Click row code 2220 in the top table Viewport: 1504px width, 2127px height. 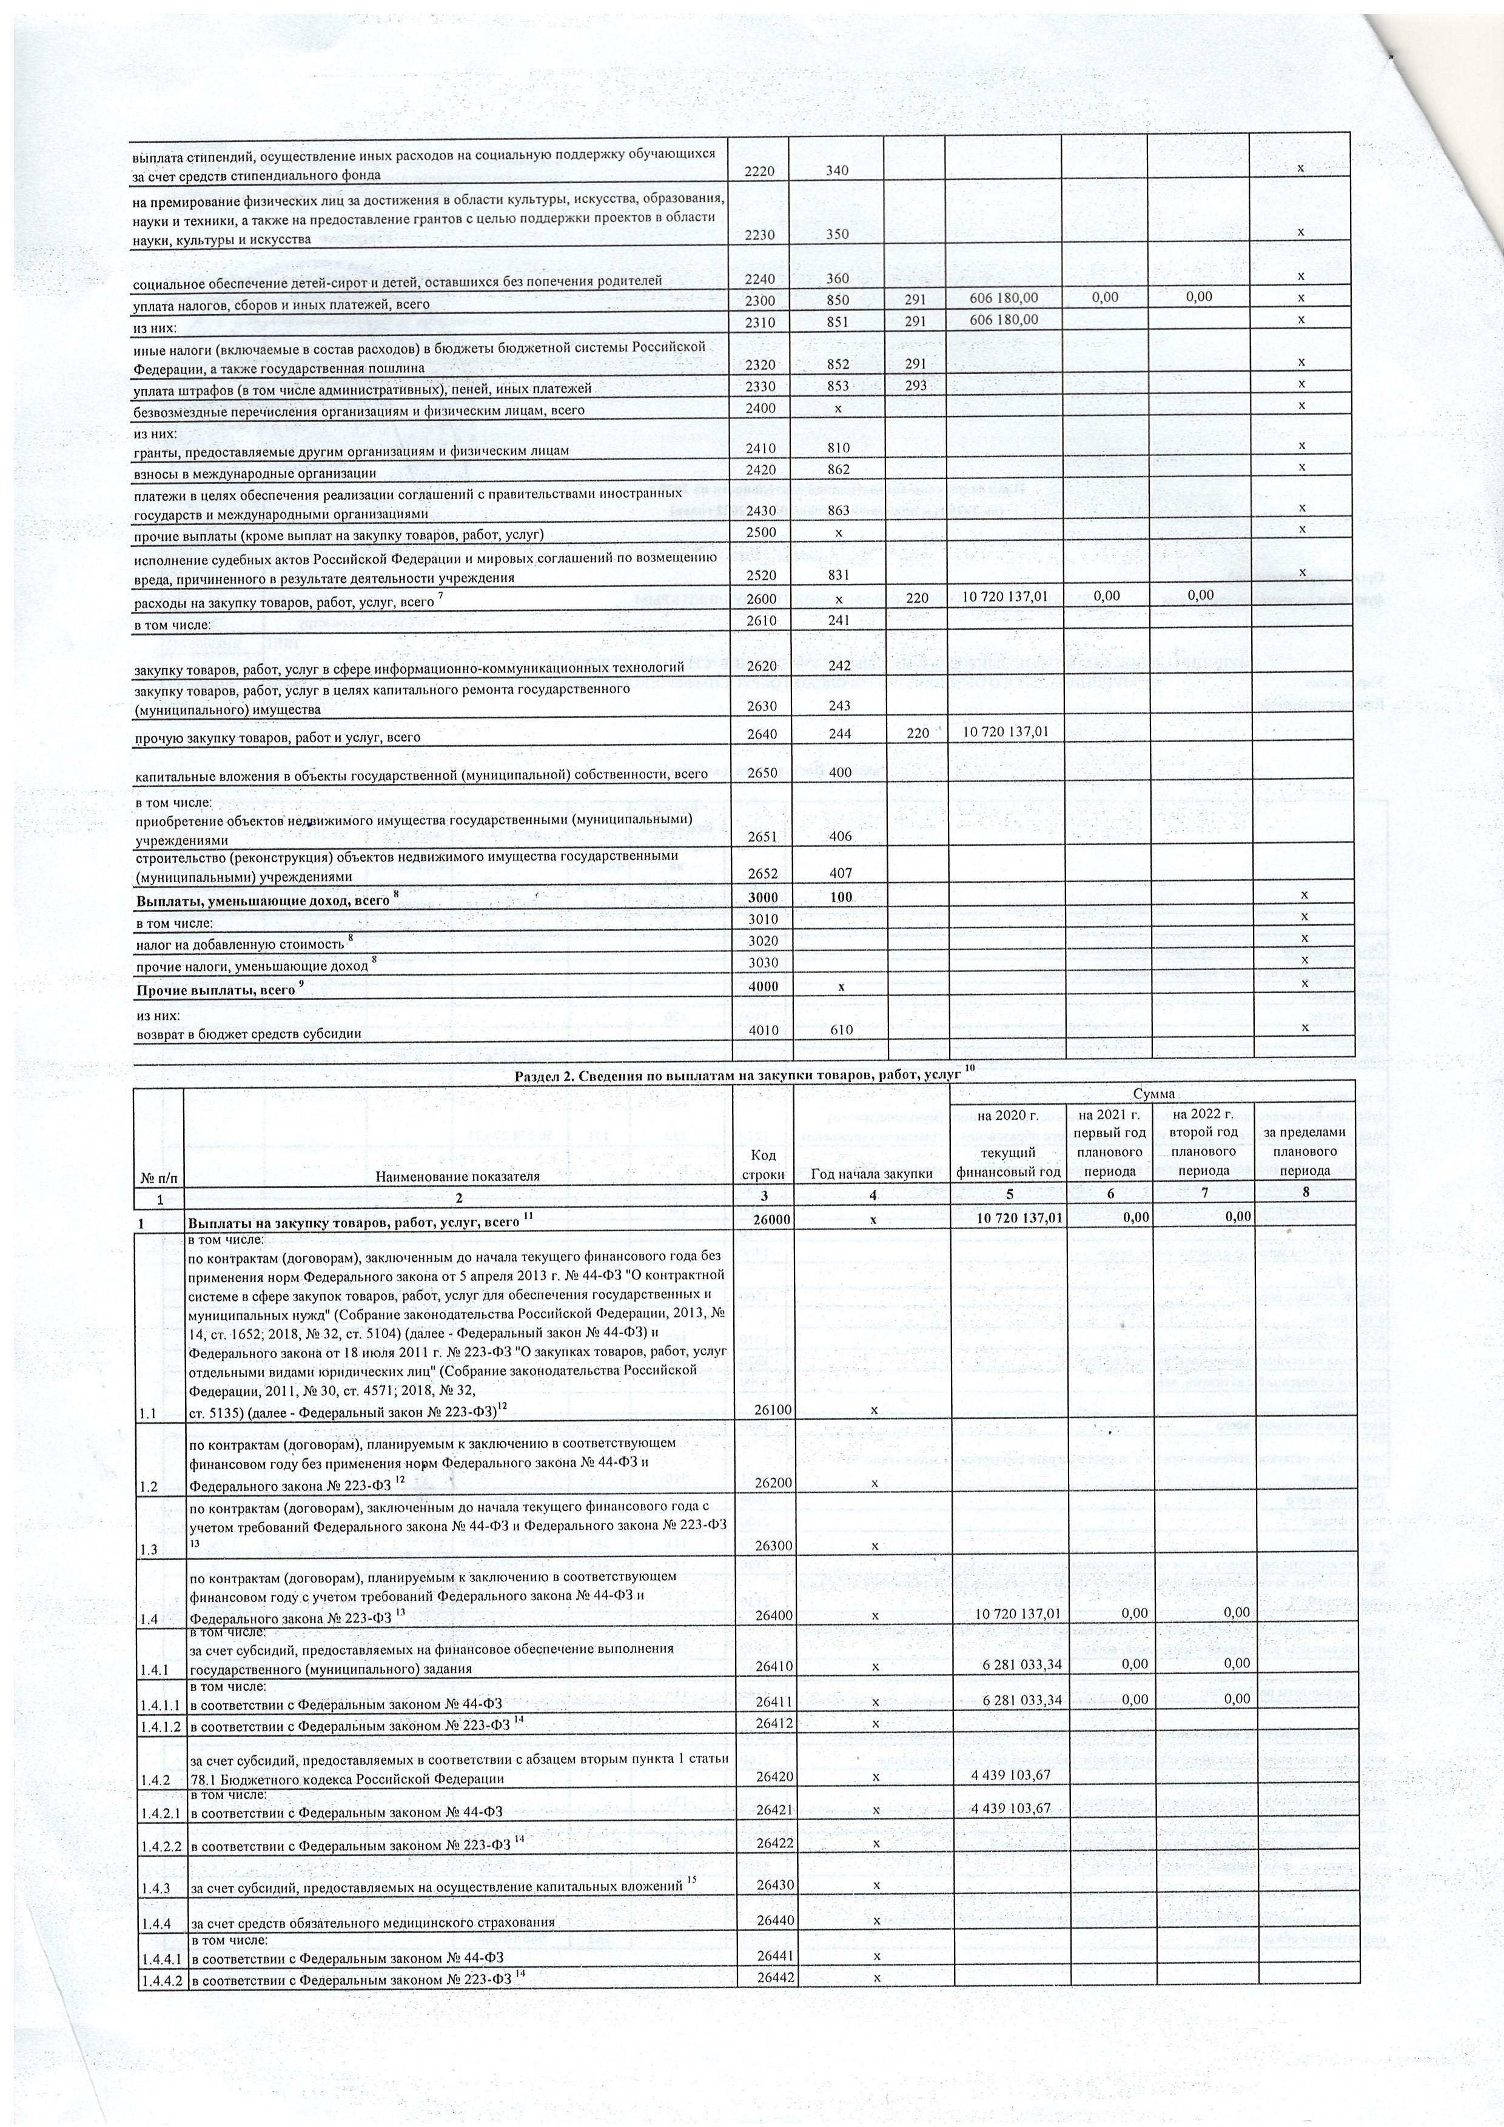pyautogui.click(x=759, y=170)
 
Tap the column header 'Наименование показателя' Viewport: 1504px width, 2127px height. pyautogui.click(x=457, y=1176)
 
